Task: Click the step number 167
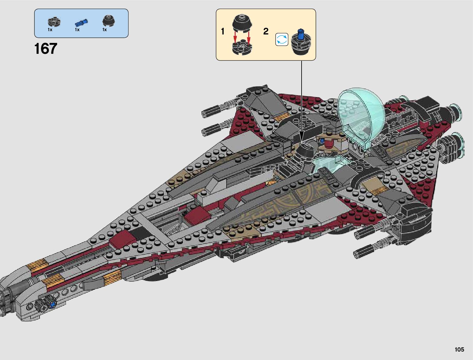tap(46, 49)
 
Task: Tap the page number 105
tap(459, 349)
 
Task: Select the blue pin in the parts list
tap(81, 22)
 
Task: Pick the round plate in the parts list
tap(54, 21)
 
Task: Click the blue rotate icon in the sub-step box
tap(282, 40)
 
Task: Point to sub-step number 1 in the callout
tap(223, 31)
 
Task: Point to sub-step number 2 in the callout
tap(266, 31)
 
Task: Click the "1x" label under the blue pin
tap(77, 30)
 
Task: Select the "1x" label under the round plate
tap(50, 30)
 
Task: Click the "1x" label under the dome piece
tap(105, 30)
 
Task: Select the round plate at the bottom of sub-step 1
tap(242, 48)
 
